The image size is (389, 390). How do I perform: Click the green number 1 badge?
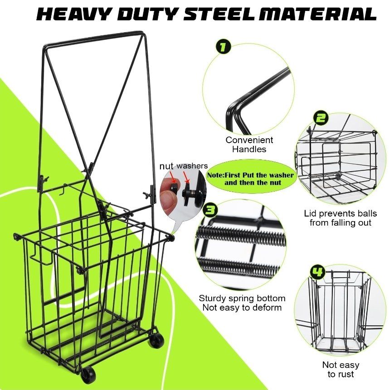point(223,47)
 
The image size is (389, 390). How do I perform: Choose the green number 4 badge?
point(317,273)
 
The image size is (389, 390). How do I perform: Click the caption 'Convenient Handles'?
point(249,144)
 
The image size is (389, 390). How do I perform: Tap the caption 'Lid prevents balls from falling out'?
point(340,218)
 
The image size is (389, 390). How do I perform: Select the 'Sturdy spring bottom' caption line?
point(242,298)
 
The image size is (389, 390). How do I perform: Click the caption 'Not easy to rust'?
point(341,369)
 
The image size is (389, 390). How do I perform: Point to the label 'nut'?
point(166,166)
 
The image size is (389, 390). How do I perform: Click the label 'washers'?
point(192,165)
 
